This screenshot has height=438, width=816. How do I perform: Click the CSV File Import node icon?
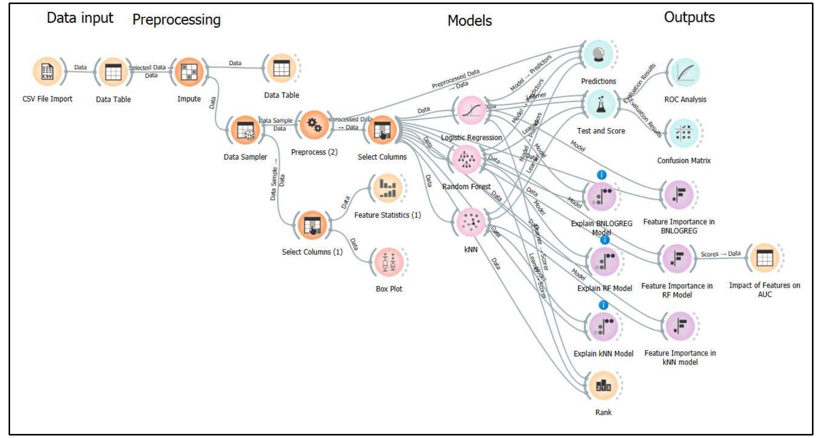[x=47, y=72]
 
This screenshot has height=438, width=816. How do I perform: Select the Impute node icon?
[x=189, y=72]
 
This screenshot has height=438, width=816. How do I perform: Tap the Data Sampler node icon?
[x=245, y=130]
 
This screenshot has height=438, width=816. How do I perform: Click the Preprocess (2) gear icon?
[x=314, y=125]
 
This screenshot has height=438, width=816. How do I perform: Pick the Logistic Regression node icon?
[x=470, y=110]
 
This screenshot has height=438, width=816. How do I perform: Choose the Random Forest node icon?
[x=466, y=159]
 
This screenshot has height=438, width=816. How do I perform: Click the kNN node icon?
[x=470, y=222]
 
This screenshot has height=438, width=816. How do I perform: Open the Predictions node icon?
[x=598, y=54]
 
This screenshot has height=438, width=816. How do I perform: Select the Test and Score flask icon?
[x=600, y=104]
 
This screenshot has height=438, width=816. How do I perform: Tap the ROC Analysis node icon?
[x=684, y=72]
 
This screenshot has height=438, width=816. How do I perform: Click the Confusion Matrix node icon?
[x=683, y=133]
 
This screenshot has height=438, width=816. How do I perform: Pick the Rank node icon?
[x=603, y=386]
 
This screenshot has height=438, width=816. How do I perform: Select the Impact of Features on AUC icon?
[x=764, y=258]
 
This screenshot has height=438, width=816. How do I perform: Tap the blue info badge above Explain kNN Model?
[x=603, y=305]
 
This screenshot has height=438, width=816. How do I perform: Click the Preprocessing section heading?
[x=176, y=20]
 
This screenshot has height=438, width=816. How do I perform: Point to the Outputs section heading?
[x=689, y=17]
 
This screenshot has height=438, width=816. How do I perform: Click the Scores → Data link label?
[x=720, y=254]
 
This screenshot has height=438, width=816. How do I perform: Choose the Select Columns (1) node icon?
[x=312, y=225]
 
